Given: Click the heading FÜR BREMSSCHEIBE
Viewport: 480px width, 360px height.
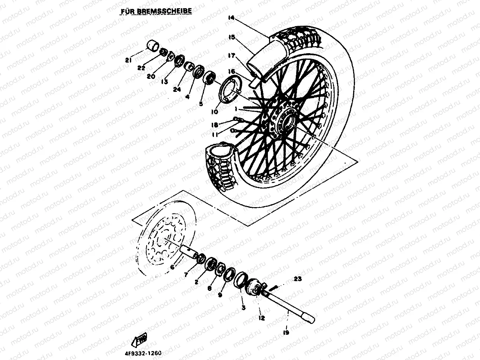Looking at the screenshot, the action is (156, 11).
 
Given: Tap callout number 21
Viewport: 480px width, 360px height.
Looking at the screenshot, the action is (128, 60).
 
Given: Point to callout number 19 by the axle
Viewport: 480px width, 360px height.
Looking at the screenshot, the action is (286, 333).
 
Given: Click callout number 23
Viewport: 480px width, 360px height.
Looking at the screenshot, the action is (298, 279).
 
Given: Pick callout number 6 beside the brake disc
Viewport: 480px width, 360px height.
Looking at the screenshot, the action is (172, 267).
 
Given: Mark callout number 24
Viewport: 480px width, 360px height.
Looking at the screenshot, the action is (176, 89).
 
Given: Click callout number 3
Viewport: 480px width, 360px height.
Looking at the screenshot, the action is (243, 308).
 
